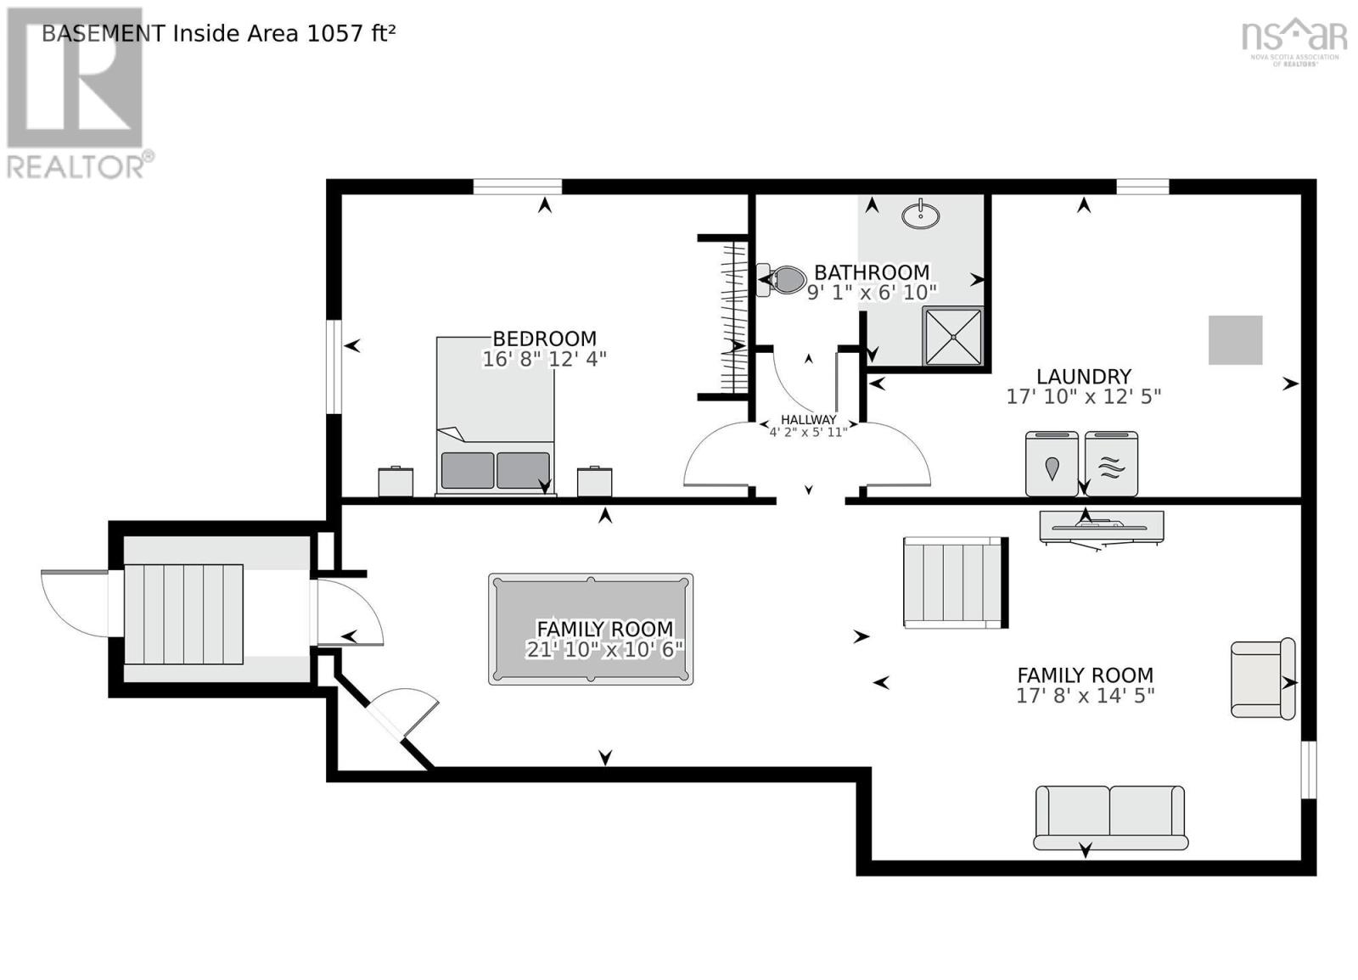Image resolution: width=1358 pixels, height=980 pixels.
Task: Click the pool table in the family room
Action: pos(590,629)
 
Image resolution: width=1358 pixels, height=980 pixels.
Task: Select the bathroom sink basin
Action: pos(920,216)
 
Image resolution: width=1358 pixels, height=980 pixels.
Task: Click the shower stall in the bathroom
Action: pos(952,337)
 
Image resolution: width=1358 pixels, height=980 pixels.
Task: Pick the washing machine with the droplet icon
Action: pos(1052,464)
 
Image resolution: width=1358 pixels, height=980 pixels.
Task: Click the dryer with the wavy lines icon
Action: pos(1111,464)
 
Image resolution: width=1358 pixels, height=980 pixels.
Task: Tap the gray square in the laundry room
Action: pos(1235,340)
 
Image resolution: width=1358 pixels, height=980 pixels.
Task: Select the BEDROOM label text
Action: pos(544,339)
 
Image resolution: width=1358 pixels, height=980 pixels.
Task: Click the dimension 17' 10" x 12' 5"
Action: pos(1083,396)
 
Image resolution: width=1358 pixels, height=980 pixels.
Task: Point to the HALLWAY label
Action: pos(808,419)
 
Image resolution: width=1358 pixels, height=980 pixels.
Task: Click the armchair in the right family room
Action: pos(1261,680)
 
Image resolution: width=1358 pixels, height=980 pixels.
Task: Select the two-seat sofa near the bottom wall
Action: pos(1109,816)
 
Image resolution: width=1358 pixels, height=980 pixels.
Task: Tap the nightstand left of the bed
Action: pos(396,482)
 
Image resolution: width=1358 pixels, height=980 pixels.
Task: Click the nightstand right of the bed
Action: pos(594,481)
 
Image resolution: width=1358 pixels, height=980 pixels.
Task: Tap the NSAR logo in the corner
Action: pos(1293,38)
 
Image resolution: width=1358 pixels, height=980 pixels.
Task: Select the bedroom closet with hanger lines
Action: pos(732,316)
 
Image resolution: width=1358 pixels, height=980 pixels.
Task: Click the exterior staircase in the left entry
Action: pos(184,614)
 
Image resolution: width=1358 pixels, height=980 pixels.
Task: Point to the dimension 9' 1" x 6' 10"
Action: pos(871,293)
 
